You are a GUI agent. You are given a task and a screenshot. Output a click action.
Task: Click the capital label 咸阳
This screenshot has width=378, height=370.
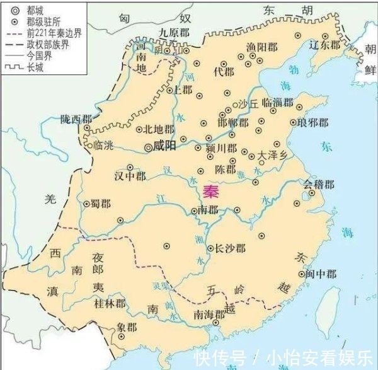tap(164, 146)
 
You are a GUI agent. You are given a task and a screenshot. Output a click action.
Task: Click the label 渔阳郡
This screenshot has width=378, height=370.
tap(261, 46)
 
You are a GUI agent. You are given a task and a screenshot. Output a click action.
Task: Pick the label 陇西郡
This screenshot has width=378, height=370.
tap(76, 119)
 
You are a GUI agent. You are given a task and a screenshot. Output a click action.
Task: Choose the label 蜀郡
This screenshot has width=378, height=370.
tap(100, 204)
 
